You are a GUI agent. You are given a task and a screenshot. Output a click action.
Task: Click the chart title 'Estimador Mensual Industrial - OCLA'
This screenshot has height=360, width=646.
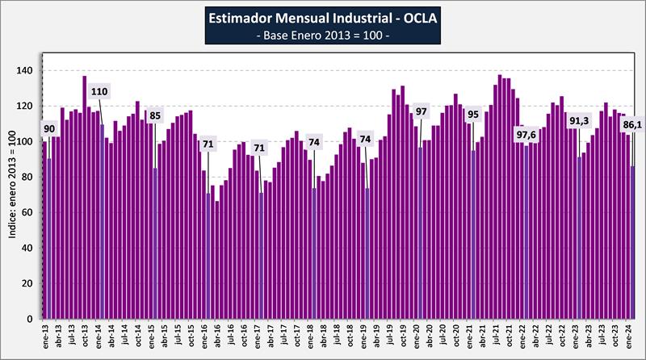click(323, 18)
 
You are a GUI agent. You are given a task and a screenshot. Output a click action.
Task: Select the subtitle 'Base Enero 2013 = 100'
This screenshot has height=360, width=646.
click(323, 37)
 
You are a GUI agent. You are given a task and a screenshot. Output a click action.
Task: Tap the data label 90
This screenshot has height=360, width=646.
click(50, 128)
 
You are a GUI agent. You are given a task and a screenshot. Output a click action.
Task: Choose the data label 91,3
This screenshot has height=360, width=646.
click(580, 122)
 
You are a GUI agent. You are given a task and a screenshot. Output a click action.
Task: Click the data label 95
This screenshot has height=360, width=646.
click(473, 115)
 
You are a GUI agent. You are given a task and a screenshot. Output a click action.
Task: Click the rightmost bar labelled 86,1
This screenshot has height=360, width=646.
click(632, 242)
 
